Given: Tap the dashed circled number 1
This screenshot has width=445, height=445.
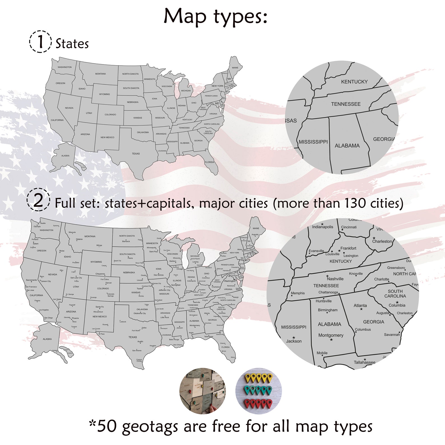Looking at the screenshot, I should pyautogui.click(x=40, y=41).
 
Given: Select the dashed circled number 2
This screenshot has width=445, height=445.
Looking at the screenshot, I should pyautogui.click(x=38, y=200).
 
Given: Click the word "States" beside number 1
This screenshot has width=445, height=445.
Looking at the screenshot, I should pyautogui.click(x=72, y=44).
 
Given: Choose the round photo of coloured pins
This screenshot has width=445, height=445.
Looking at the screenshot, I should pyautogui.click(x=258, y=391).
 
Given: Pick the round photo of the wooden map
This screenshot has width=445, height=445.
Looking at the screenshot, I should pyautogui.click(x=202, y=391).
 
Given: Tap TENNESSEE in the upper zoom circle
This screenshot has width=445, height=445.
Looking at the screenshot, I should pyautogui.click(x=346, y=104).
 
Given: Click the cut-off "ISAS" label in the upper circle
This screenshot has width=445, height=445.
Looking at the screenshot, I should pyautogui.click(x=291, y=121).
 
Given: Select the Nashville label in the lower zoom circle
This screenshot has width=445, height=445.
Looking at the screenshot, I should pyautogui.click(x=335, y=279).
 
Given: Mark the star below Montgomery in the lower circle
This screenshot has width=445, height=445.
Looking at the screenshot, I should pyautogui.click(x=331, y=340).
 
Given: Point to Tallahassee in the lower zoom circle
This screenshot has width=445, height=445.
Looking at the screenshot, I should pyautogui.click(x=364, y=362).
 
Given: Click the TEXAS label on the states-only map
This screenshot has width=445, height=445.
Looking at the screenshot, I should pyautogui.click(x=136, y=154).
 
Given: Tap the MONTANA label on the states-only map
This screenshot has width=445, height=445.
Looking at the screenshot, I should pyautogui.click(x=100, y=74).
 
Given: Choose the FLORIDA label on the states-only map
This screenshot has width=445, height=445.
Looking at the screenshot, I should pyautogui.click(x=209, y=162).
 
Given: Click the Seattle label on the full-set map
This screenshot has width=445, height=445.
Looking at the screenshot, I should pyautogui.click(x=43, y=223).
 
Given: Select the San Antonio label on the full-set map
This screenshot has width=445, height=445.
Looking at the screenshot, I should pyautogui.click(x=137, y=351).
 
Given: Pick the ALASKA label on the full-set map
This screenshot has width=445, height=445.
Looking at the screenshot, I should pyautogui.click(x=47, y=339).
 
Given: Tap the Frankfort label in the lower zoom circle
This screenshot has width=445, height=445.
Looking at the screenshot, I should pyautogui.click(x=348, y=248).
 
